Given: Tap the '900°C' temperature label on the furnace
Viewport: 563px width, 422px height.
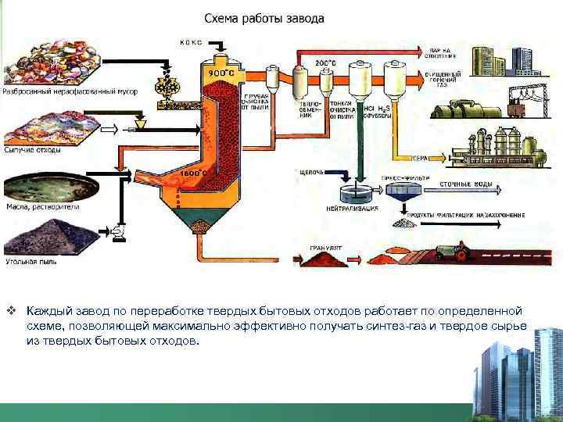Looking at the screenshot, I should tap(214, 72).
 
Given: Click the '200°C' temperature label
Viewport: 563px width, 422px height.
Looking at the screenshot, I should tap(325, 62).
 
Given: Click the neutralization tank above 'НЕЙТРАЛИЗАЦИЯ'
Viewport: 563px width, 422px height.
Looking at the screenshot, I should tap(356, 193).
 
